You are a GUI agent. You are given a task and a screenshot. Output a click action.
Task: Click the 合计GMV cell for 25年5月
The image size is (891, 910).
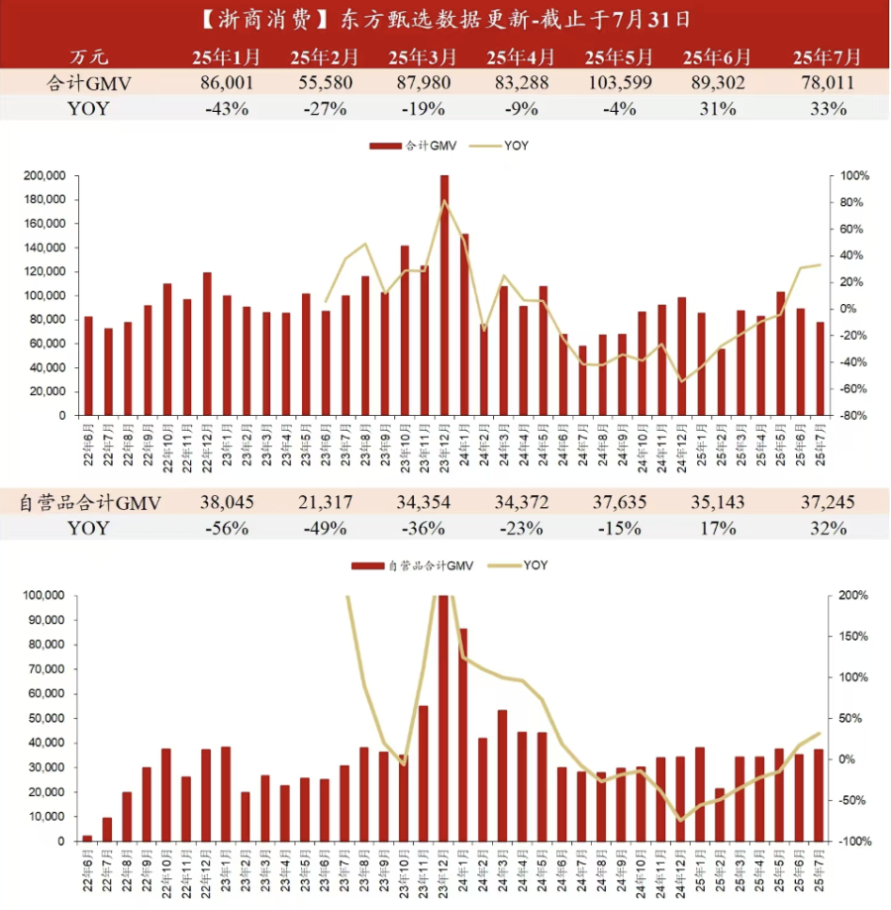tap(620, 83)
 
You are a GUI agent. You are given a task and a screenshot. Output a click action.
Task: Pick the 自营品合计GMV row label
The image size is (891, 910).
tap(90, 502)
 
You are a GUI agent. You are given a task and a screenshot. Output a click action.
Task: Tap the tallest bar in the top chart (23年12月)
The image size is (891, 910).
tap(445, 295)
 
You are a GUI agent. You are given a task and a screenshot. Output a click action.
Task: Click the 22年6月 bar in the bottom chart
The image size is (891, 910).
tap(87, 838)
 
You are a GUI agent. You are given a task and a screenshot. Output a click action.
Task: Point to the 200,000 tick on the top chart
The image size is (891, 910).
tap(43, 176)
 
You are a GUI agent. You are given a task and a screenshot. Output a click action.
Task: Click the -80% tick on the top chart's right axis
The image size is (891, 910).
tap(854, 416)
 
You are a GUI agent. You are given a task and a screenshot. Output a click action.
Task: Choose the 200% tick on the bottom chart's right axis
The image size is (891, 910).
tap(853, 596)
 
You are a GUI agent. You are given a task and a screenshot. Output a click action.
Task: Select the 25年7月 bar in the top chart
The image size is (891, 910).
tap(820, 368)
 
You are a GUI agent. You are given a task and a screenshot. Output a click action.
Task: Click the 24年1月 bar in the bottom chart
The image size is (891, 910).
tap(463, 735)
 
